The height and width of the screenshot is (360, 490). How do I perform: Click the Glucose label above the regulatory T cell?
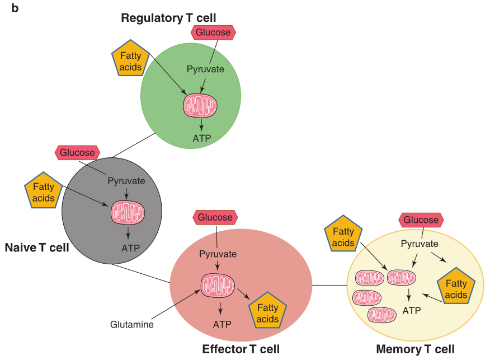[213, 32]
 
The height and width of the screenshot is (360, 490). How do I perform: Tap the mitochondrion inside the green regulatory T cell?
[201, 105]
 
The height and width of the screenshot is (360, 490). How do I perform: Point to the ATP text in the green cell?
[201, 138]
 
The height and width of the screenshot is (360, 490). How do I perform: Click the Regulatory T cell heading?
[168, 18]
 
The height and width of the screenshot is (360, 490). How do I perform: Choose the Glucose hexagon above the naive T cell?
[78, 152]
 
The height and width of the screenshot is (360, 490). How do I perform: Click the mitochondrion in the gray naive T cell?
[128, 212]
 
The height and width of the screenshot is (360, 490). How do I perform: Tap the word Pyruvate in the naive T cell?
[126, 181]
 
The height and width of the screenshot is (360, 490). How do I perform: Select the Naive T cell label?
[37, 247]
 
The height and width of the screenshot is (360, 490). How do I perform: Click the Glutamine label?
[132, 324]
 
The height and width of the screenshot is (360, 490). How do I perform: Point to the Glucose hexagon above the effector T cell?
[215, 217]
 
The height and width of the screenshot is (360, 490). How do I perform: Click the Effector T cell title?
[241, 349]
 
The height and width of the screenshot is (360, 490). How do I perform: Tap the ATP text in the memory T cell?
[412, 310]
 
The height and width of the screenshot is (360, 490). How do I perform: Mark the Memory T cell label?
[416, 349]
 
